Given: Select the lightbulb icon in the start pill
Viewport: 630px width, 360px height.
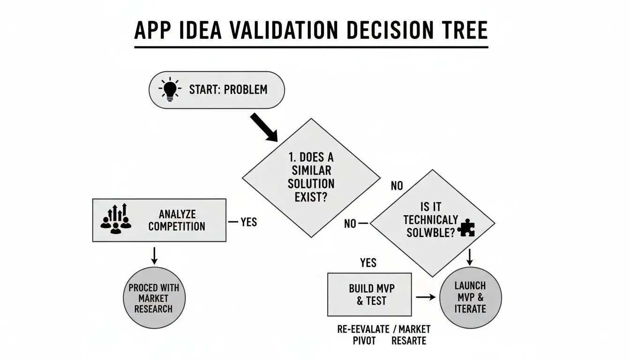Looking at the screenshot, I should pos(169,89).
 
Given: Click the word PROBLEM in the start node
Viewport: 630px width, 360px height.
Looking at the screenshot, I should pos(246,89).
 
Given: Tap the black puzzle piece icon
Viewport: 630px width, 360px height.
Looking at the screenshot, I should pos(467,228).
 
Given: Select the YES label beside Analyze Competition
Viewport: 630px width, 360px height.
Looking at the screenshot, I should pos(248,222).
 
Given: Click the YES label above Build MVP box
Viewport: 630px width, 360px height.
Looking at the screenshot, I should pos(368,262).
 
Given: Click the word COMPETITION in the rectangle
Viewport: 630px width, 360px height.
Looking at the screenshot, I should pos(177,226).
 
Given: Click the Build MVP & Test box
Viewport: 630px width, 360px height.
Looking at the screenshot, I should pos(369,294).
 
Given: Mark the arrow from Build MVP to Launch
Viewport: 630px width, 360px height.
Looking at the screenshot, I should pos(426,297).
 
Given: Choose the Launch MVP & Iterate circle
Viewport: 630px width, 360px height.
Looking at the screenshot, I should pos(470,297).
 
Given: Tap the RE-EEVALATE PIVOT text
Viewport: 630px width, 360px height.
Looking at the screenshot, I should pos(363,335).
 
